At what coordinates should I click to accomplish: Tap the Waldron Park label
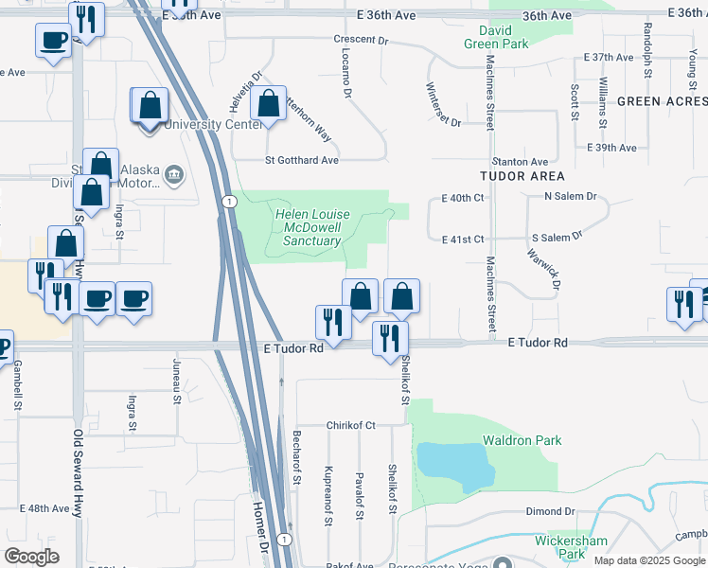point(522,440)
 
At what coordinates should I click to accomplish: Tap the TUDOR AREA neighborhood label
point(522,176)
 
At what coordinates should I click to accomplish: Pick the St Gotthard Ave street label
point(302,160)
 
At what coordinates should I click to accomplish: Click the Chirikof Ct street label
point(351,425)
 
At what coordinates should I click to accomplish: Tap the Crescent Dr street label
point(362,41)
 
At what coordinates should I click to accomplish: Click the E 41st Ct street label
point(463,240)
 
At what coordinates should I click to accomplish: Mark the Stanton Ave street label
point(520,162)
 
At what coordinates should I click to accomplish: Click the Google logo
point(32,557)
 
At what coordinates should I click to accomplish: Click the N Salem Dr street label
point(570,196)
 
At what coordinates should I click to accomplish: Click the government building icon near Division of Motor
point(174,173)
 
